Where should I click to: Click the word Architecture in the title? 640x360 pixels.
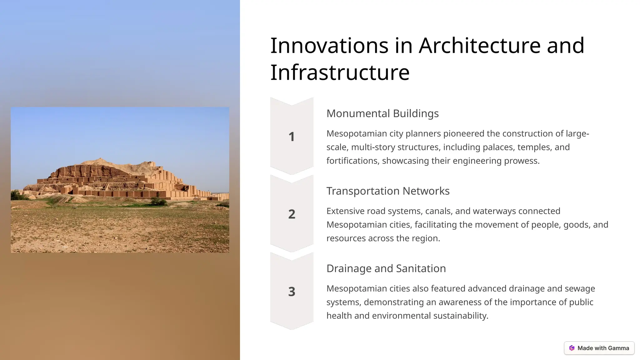480,46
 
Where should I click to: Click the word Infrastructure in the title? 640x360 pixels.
340,72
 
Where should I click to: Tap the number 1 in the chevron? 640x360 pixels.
292,137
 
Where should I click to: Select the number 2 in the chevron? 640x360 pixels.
292,214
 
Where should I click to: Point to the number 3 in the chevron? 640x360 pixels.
292,292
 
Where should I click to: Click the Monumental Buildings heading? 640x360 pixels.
382,113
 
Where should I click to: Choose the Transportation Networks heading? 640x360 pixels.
388,191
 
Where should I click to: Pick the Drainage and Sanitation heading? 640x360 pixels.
386,268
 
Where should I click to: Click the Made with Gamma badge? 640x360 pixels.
599,348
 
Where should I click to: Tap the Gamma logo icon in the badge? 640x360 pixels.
572,348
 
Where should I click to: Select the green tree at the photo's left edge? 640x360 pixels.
15,195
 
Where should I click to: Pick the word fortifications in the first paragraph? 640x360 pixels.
353,161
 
